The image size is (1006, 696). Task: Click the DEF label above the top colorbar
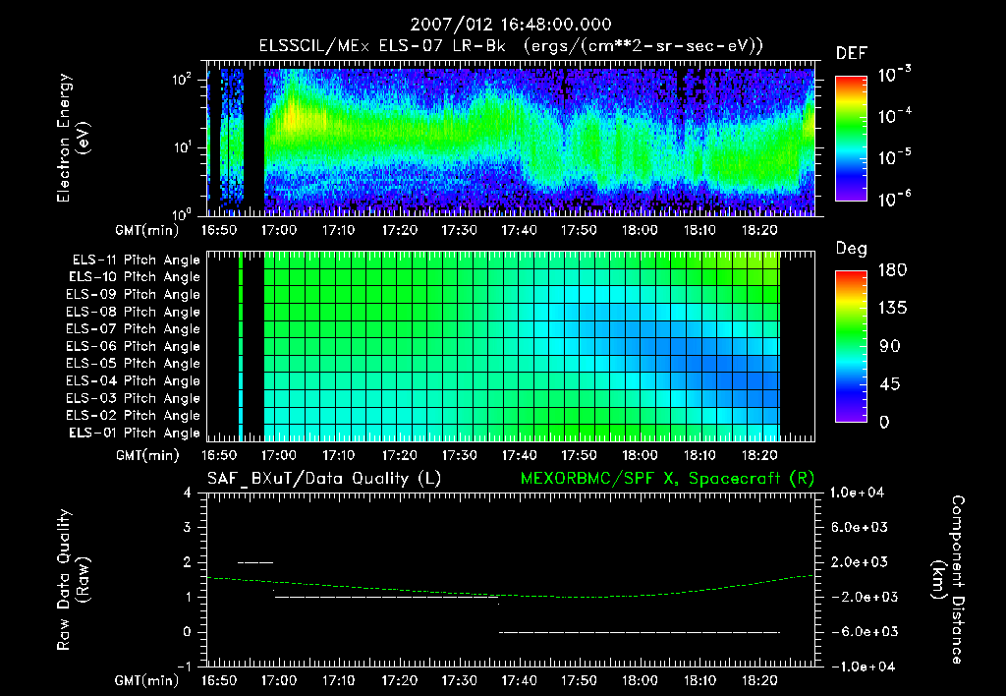point(851,53)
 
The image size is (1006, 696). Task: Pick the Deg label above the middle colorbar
point(851,249)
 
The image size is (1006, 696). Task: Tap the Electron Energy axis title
point(73,140)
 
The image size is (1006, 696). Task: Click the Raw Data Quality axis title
point(73,579)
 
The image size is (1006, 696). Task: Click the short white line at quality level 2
point(255,562)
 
